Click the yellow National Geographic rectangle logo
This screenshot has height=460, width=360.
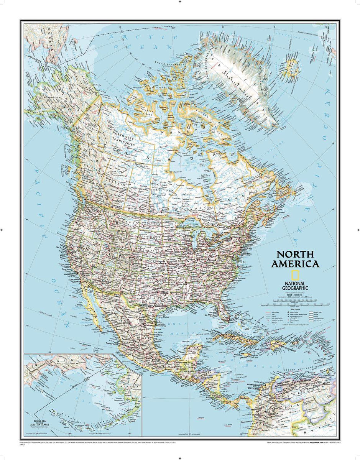click(x=295, y=275)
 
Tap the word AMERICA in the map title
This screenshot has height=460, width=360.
click(x=295, y=264)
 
